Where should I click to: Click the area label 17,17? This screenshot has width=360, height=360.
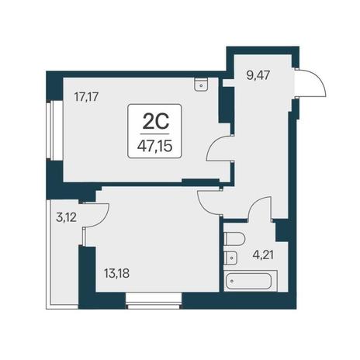[86, 97]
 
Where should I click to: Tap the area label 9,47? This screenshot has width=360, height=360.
[258, 76]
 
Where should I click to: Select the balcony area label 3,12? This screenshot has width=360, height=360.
[66, 218]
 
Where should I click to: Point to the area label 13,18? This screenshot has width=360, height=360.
[117, 273]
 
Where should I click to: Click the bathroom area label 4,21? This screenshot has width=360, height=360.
[263, 254]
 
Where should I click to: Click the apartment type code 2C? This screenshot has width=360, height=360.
[156, 122]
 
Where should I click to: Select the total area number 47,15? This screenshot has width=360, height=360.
[155, 147]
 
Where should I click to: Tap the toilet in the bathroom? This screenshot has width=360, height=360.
[234, 239]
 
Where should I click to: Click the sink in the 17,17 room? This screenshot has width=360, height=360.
[201, 84]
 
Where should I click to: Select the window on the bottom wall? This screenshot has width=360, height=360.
[154, 301]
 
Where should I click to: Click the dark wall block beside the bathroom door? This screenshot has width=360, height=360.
[282, 230]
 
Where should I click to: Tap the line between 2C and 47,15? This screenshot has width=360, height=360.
[155, 134]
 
